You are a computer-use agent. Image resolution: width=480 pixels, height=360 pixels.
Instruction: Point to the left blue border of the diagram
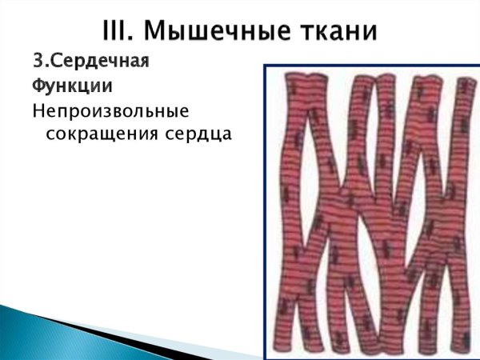(x=266, y=208)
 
